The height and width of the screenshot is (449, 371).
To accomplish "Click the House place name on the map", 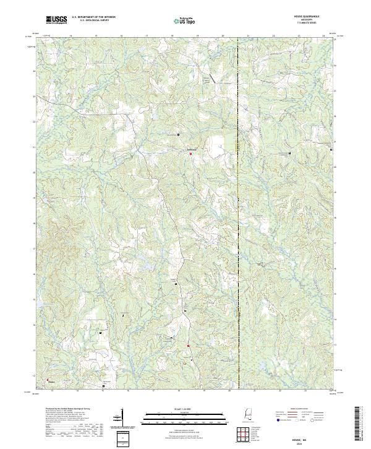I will [x=52, y=382].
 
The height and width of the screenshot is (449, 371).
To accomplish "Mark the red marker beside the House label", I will [x=46, y=380].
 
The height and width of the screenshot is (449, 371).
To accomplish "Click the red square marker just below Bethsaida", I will [x=190, y=154].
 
